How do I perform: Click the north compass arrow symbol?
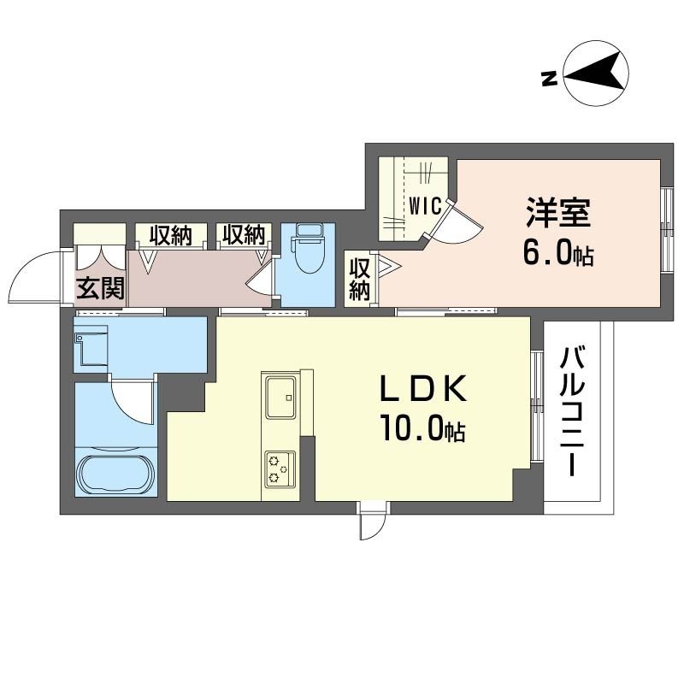pyautogui.click(x=595, y=74)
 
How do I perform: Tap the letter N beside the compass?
pyautogui.click(x=549, y=79)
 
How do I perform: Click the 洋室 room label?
pyautogui.click(x=558, y=213)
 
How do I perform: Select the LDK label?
pyautogui.click(x=423, y=389)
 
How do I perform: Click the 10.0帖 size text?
pyautogui.click(x=422, y=429)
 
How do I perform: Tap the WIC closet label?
pyautogui.click(x=425, y=206)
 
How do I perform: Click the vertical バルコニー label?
pyautogui.click(x=572, y=410)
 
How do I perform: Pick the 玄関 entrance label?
pyautogui.click(x=101, y=288)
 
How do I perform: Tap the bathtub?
pyautogui.click(x=117, y=475)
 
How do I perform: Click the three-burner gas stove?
pyautogui.click(x=280, y=469)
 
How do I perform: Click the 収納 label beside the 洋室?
pyautogui.click(x=359, y=280)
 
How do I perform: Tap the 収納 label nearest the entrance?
pyautogui.click(x=170, y=236)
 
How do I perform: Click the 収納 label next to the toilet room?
pyautogui.click(x=244, y=235)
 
